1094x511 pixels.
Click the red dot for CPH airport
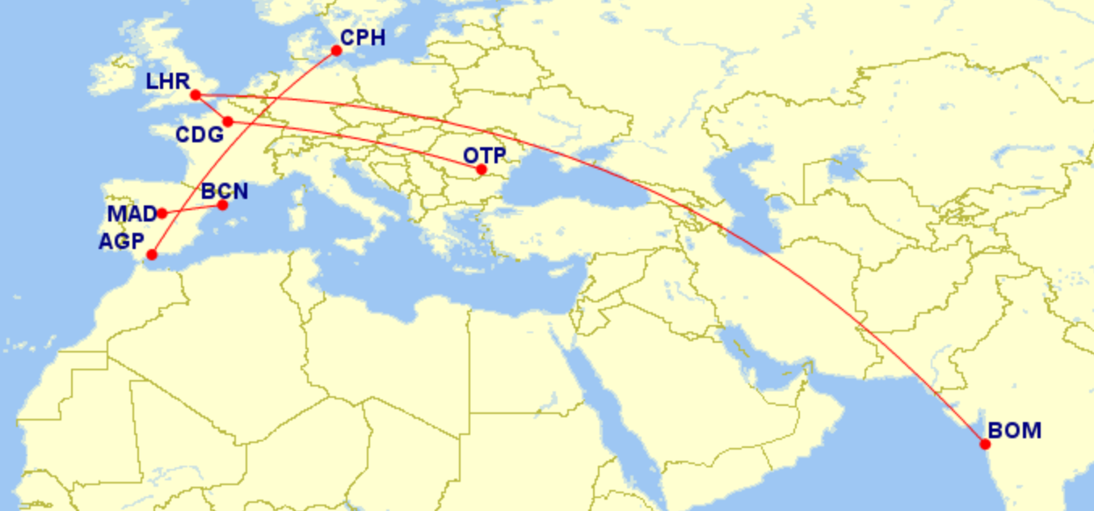coord(337,51)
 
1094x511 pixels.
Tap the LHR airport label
coord(167,82)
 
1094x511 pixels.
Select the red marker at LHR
coord(195,95)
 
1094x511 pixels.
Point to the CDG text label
coord(200,134)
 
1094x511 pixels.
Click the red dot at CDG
coord(228,122)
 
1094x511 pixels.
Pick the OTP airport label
coord(484,155)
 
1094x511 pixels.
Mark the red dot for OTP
coord(482,170)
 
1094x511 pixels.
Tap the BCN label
coord(224,192)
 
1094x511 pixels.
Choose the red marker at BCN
coord(223,205)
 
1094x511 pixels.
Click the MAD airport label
coord(131,215)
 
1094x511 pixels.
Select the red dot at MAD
coord(162,213)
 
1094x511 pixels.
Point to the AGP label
coord(121,241)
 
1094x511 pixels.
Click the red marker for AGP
coord(151,255)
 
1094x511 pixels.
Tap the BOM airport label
coord(1015,431)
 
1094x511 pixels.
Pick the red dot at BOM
coord(985,444)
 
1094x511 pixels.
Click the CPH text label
coord(363,38)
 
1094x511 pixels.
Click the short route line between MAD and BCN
coord(192,209)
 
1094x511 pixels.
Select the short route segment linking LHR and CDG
coord(212,109)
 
